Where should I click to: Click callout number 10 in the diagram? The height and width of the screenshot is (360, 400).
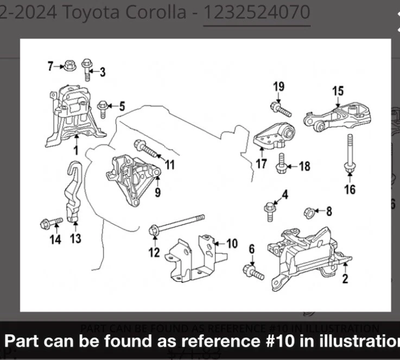pyautogui.click(x=232, y=244)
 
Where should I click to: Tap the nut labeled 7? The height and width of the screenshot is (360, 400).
pyautogui.click(x=69, y=66)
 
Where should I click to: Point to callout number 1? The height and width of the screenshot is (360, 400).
pyautogui.click(x=76, y=150)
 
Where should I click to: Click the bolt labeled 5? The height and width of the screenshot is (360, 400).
pyautogui.click(x=103, y=106)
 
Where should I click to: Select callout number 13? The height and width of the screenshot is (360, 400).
pyautogui.click(x=75, y=238)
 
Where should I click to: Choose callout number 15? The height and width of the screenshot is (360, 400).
pyautogui.click(x=338, y=91)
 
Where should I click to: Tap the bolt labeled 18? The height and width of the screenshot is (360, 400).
pyautogui.click(x=282, y=164)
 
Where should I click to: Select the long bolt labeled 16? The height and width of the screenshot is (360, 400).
pyautogui.click(x=349, y=155)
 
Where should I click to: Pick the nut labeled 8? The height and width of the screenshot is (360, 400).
pyautogui.click(x=307, y=211)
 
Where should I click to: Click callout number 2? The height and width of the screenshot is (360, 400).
pyautogui.click(x=345, y=279)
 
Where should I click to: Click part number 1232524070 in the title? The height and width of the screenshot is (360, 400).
pyautogui.click(x=257, y=12)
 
